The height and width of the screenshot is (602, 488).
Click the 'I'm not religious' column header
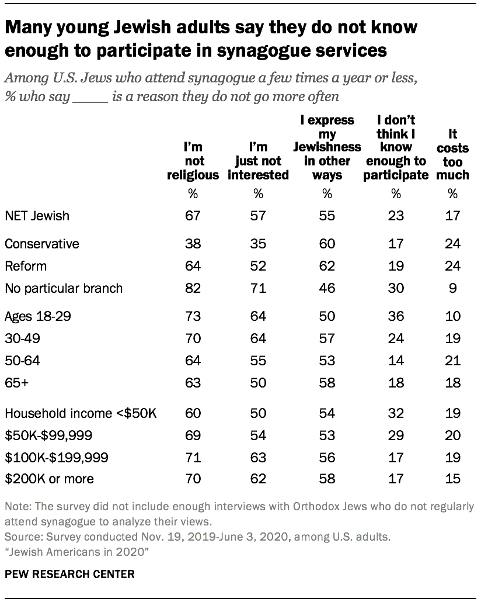click(193, 161)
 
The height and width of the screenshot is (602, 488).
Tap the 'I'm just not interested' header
click(258, 161)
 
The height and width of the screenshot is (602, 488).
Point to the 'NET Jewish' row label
click(37, 216)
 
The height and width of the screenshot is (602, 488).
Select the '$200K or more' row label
click(50, 479)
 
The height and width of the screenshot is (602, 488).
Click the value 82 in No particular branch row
click(193, 288)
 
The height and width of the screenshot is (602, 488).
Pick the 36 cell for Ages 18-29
click(396, 316)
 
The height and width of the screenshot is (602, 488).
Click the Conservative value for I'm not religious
click(193, 244)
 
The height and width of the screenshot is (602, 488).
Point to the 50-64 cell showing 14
click(396, 361)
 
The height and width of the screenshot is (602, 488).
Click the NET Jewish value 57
click(258, 216)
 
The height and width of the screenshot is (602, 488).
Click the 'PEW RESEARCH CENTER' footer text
click(69, 575)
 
